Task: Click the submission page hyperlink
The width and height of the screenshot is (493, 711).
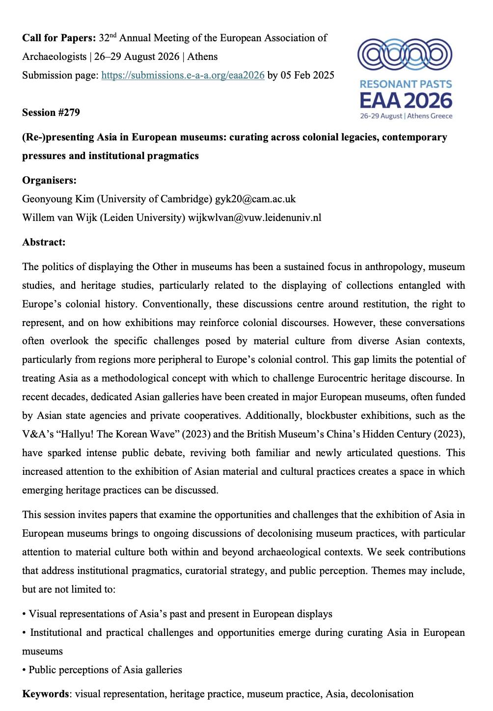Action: [x=183, y=75]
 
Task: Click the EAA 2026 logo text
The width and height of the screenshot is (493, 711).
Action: [x=406, y=100]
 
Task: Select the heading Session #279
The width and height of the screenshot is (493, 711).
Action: [x=51, y=112]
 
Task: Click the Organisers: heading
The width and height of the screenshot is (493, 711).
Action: [x=49, y=180]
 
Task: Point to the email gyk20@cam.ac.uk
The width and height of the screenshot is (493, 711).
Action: [x=255, y=199]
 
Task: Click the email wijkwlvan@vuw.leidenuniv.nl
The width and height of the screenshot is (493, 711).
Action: [x=254, y=218]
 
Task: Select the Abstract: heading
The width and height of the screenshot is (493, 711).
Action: [x=44, y=242]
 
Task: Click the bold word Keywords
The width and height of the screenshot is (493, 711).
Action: [x=45, y=694]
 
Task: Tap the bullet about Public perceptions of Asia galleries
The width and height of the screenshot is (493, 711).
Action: [x=105, y=670]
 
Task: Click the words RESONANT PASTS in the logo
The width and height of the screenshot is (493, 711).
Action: [x=406, y=84]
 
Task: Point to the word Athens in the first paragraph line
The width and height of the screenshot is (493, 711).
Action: [x=202, y=56]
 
